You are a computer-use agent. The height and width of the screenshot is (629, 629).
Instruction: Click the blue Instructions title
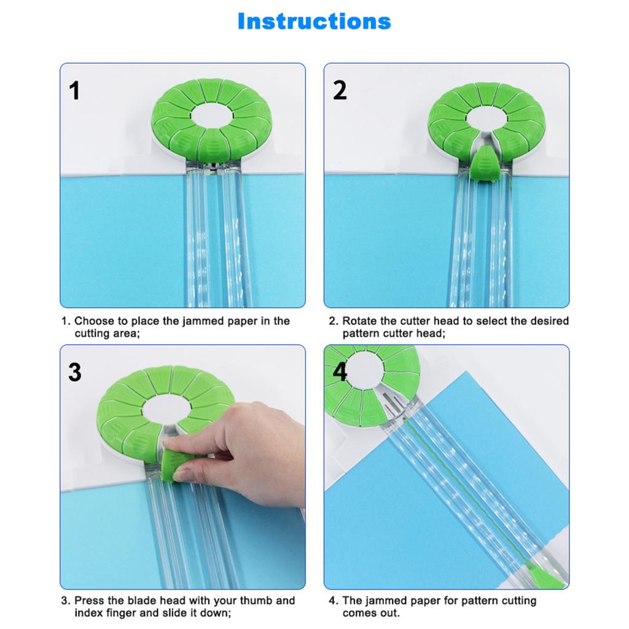click(314, 21)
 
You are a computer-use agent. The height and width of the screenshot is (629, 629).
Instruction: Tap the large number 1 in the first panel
click(74, 91)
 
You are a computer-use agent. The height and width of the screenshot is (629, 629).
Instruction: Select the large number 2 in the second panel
click(340, 90)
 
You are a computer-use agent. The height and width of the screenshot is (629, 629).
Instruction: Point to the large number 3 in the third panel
click(75, 372)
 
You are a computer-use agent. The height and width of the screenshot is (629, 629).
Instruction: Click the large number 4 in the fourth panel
click(339, 372)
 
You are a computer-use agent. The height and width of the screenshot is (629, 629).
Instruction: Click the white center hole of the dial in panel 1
click(211, 115)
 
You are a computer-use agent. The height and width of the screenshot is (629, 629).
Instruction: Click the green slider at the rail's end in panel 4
click(544, 576)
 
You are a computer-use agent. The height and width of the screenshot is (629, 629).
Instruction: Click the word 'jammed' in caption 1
click(203, 321)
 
